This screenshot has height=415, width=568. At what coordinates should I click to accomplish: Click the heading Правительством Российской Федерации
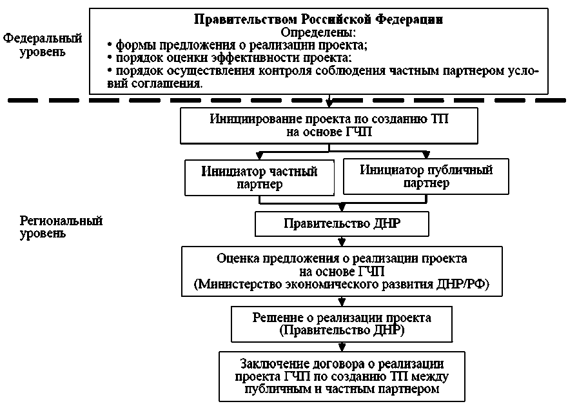318,19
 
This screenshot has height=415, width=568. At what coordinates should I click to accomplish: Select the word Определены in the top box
318,32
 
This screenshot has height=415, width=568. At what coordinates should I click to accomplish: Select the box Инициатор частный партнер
259,177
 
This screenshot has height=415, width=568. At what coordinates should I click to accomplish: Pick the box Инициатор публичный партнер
426,176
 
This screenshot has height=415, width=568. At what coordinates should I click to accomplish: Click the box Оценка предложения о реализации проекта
342,271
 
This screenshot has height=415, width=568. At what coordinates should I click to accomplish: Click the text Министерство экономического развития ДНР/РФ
342,285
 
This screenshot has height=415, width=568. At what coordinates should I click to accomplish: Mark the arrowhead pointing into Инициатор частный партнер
259,156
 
